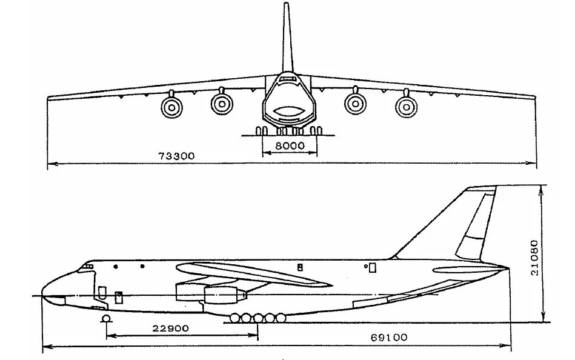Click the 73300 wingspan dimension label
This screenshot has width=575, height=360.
tap(176, 156)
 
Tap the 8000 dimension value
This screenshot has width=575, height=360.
tap(289, 147)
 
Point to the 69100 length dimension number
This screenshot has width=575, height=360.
tap(389, 338)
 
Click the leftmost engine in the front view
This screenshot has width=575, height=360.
tap(171, 108)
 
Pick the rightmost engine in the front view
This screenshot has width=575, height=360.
tap(406, 107)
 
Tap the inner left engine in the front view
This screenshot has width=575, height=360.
tap(222, 104)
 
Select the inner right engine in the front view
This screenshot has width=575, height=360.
tap(356, 103)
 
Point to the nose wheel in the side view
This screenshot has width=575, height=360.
tap(105, 319)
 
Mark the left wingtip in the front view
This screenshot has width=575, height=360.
tap(50, 98)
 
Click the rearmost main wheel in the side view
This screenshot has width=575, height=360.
tap(281, 317)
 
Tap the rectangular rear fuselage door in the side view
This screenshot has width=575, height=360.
tap(372, 267)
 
